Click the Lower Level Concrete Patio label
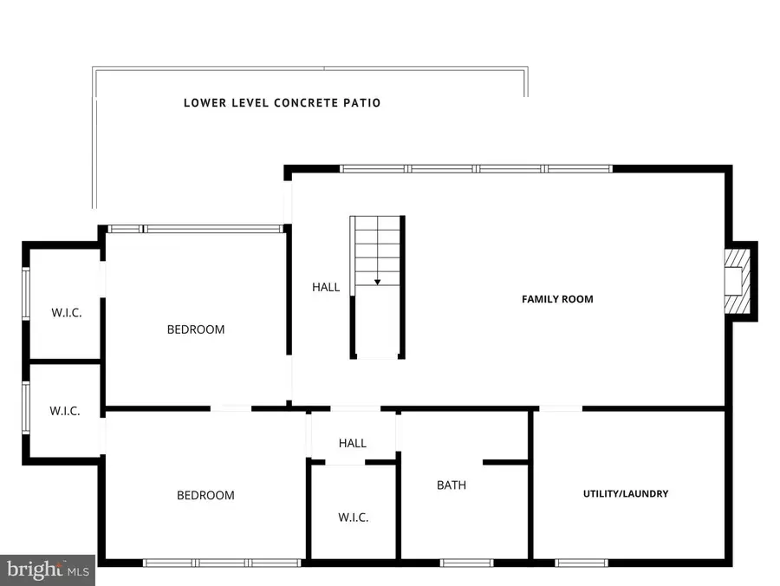click(282, 102)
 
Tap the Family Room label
click(557, 299)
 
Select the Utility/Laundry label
click(625, 493)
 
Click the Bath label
click(451, 485)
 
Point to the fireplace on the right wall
click(737, 281)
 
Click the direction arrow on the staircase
click(377, 281)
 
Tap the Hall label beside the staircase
click(326, 287)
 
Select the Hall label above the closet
click(353, 443)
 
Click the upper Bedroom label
click(196, 329)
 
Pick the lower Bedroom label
click(205, 496)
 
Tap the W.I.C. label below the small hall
click(353, 518)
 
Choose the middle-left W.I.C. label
click(64, 411)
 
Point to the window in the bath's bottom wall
click(466, 563)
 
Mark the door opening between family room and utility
click(560, 408)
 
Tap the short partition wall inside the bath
click(505, 462)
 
